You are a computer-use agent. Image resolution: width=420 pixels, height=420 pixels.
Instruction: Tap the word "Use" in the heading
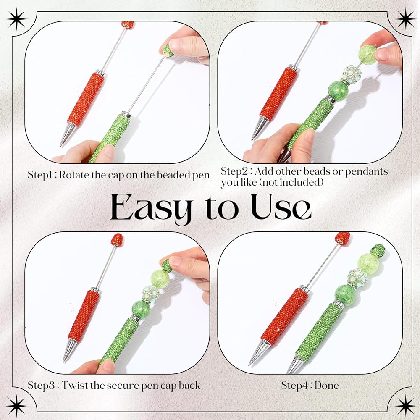point(281,207)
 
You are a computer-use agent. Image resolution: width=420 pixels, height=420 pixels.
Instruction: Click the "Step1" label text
point(41,176)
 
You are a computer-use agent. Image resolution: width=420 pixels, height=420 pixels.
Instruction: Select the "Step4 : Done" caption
point(310,386)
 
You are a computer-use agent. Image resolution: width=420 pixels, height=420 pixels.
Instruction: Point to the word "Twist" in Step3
point(74,386)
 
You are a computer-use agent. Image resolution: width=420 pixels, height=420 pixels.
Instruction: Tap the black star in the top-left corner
point(17,19)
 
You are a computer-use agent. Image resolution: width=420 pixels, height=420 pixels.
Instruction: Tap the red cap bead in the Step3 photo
point(117,240)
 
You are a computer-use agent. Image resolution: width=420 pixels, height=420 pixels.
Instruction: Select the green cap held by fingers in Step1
point(168,50)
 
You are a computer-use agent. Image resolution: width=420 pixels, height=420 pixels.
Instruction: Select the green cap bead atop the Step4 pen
point(378,251)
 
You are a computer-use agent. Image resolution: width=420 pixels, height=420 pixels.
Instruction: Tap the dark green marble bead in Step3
point(141,309)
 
